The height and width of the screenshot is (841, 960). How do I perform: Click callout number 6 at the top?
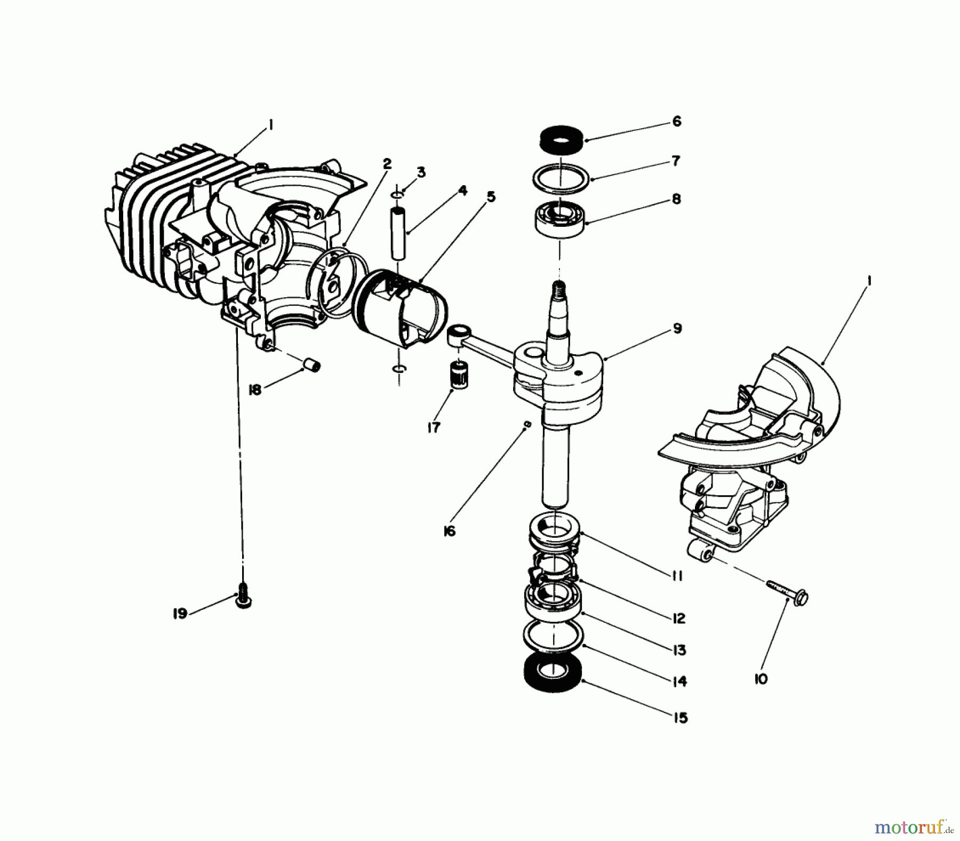click(676, 122)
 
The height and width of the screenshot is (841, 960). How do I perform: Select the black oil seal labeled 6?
click(560, 140)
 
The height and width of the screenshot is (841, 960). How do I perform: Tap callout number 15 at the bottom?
click(681, 718)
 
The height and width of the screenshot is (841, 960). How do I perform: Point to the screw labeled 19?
click(243, 601)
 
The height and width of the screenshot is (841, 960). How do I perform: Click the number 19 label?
click(180, 614)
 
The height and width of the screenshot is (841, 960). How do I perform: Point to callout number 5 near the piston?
click(491, 197)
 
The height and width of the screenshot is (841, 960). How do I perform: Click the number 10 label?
click(761, 679)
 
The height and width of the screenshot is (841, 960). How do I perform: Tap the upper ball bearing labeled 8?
click(559, 219)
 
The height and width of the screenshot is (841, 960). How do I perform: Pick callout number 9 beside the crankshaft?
click(677, 328)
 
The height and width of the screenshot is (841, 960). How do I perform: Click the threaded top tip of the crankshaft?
click(558, 290)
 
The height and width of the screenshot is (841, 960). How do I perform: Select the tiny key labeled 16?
click(527, 424)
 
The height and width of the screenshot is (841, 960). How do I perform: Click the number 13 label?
click(679, 650)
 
